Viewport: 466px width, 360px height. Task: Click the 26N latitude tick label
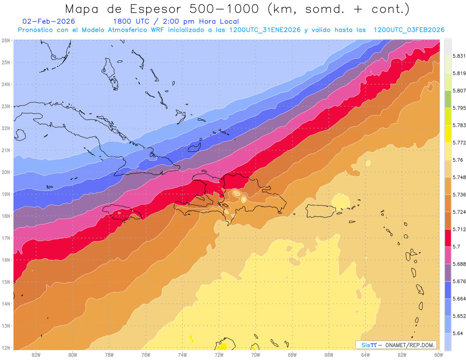6,40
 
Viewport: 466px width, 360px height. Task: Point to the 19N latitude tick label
6,194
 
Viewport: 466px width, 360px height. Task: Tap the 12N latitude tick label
6,348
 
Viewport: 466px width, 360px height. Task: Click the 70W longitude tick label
256,355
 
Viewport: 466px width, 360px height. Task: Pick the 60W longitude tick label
439,355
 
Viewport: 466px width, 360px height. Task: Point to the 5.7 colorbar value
454,247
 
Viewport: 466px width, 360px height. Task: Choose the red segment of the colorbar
448,238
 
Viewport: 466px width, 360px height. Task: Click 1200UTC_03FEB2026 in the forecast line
409,30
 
